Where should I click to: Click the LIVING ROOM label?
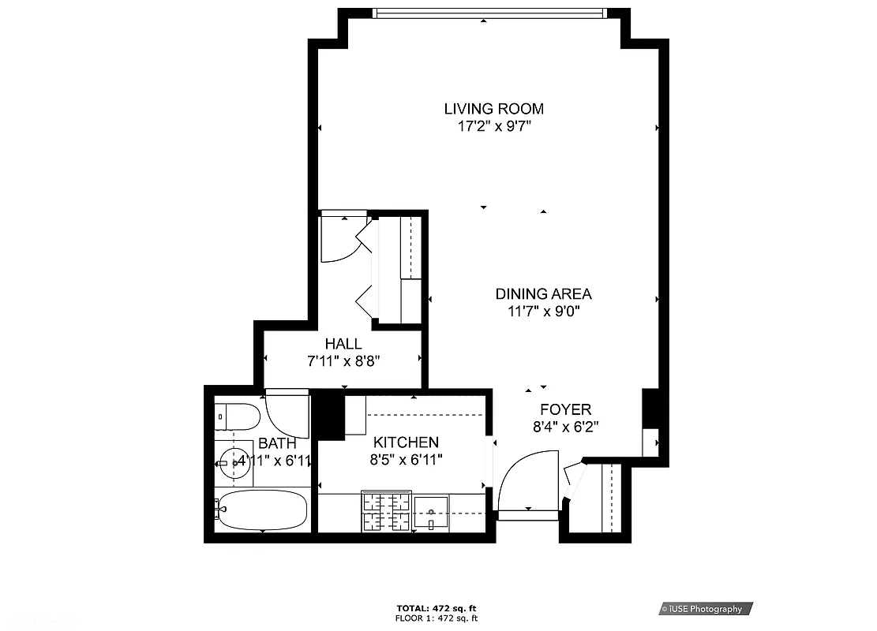pyautogui.click(x=493, y=109)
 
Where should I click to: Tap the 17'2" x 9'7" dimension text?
pyautogui.click(x=493, y=126)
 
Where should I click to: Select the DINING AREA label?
pyautogui.click(x=543, y=294)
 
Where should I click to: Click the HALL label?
pyautogui.click(x=343, y=344)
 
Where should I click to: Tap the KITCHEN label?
pyautogui.click(x=406, y=442)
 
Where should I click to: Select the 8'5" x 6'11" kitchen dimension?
pyautogui.click(x=406, y=459)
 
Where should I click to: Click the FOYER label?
pyautogui.click(x=565, y=409)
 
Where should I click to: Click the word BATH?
pyautogui.click(x=277, y=444)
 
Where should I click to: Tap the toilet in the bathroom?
pyautogui.click(x=237, y=416)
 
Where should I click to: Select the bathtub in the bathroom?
pyautogui.click(x=261, y=510)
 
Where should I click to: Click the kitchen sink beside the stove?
pyautogui.click(x=431, y=511)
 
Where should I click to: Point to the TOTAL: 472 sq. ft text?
pyautogui.click(x=437, y=608)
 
